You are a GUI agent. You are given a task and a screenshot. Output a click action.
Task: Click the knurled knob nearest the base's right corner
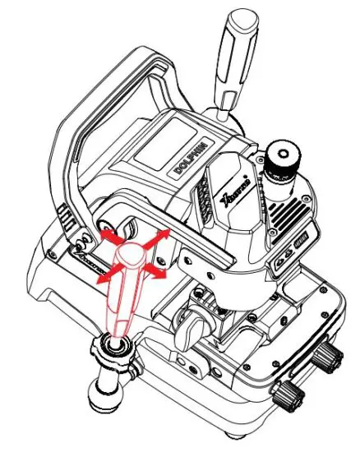[x=330, y=355]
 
